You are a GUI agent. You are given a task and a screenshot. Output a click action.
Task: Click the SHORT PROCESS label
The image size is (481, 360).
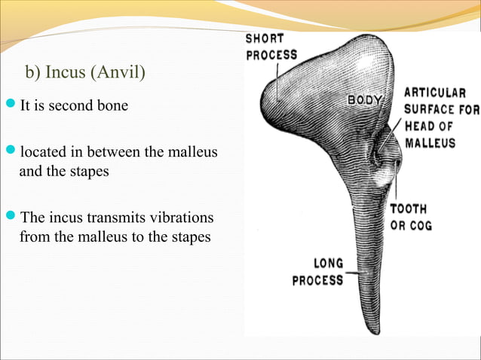[x=271, y=47]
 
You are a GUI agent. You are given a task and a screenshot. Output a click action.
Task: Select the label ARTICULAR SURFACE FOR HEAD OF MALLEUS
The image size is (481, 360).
[x=440, y=117]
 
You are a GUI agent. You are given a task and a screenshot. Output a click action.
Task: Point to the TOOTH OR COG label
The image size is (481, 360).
[x=408, y=217]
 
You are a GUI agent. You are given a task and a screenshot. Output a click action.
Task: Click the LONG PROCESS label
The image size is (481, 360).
[x=317, y=271]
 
